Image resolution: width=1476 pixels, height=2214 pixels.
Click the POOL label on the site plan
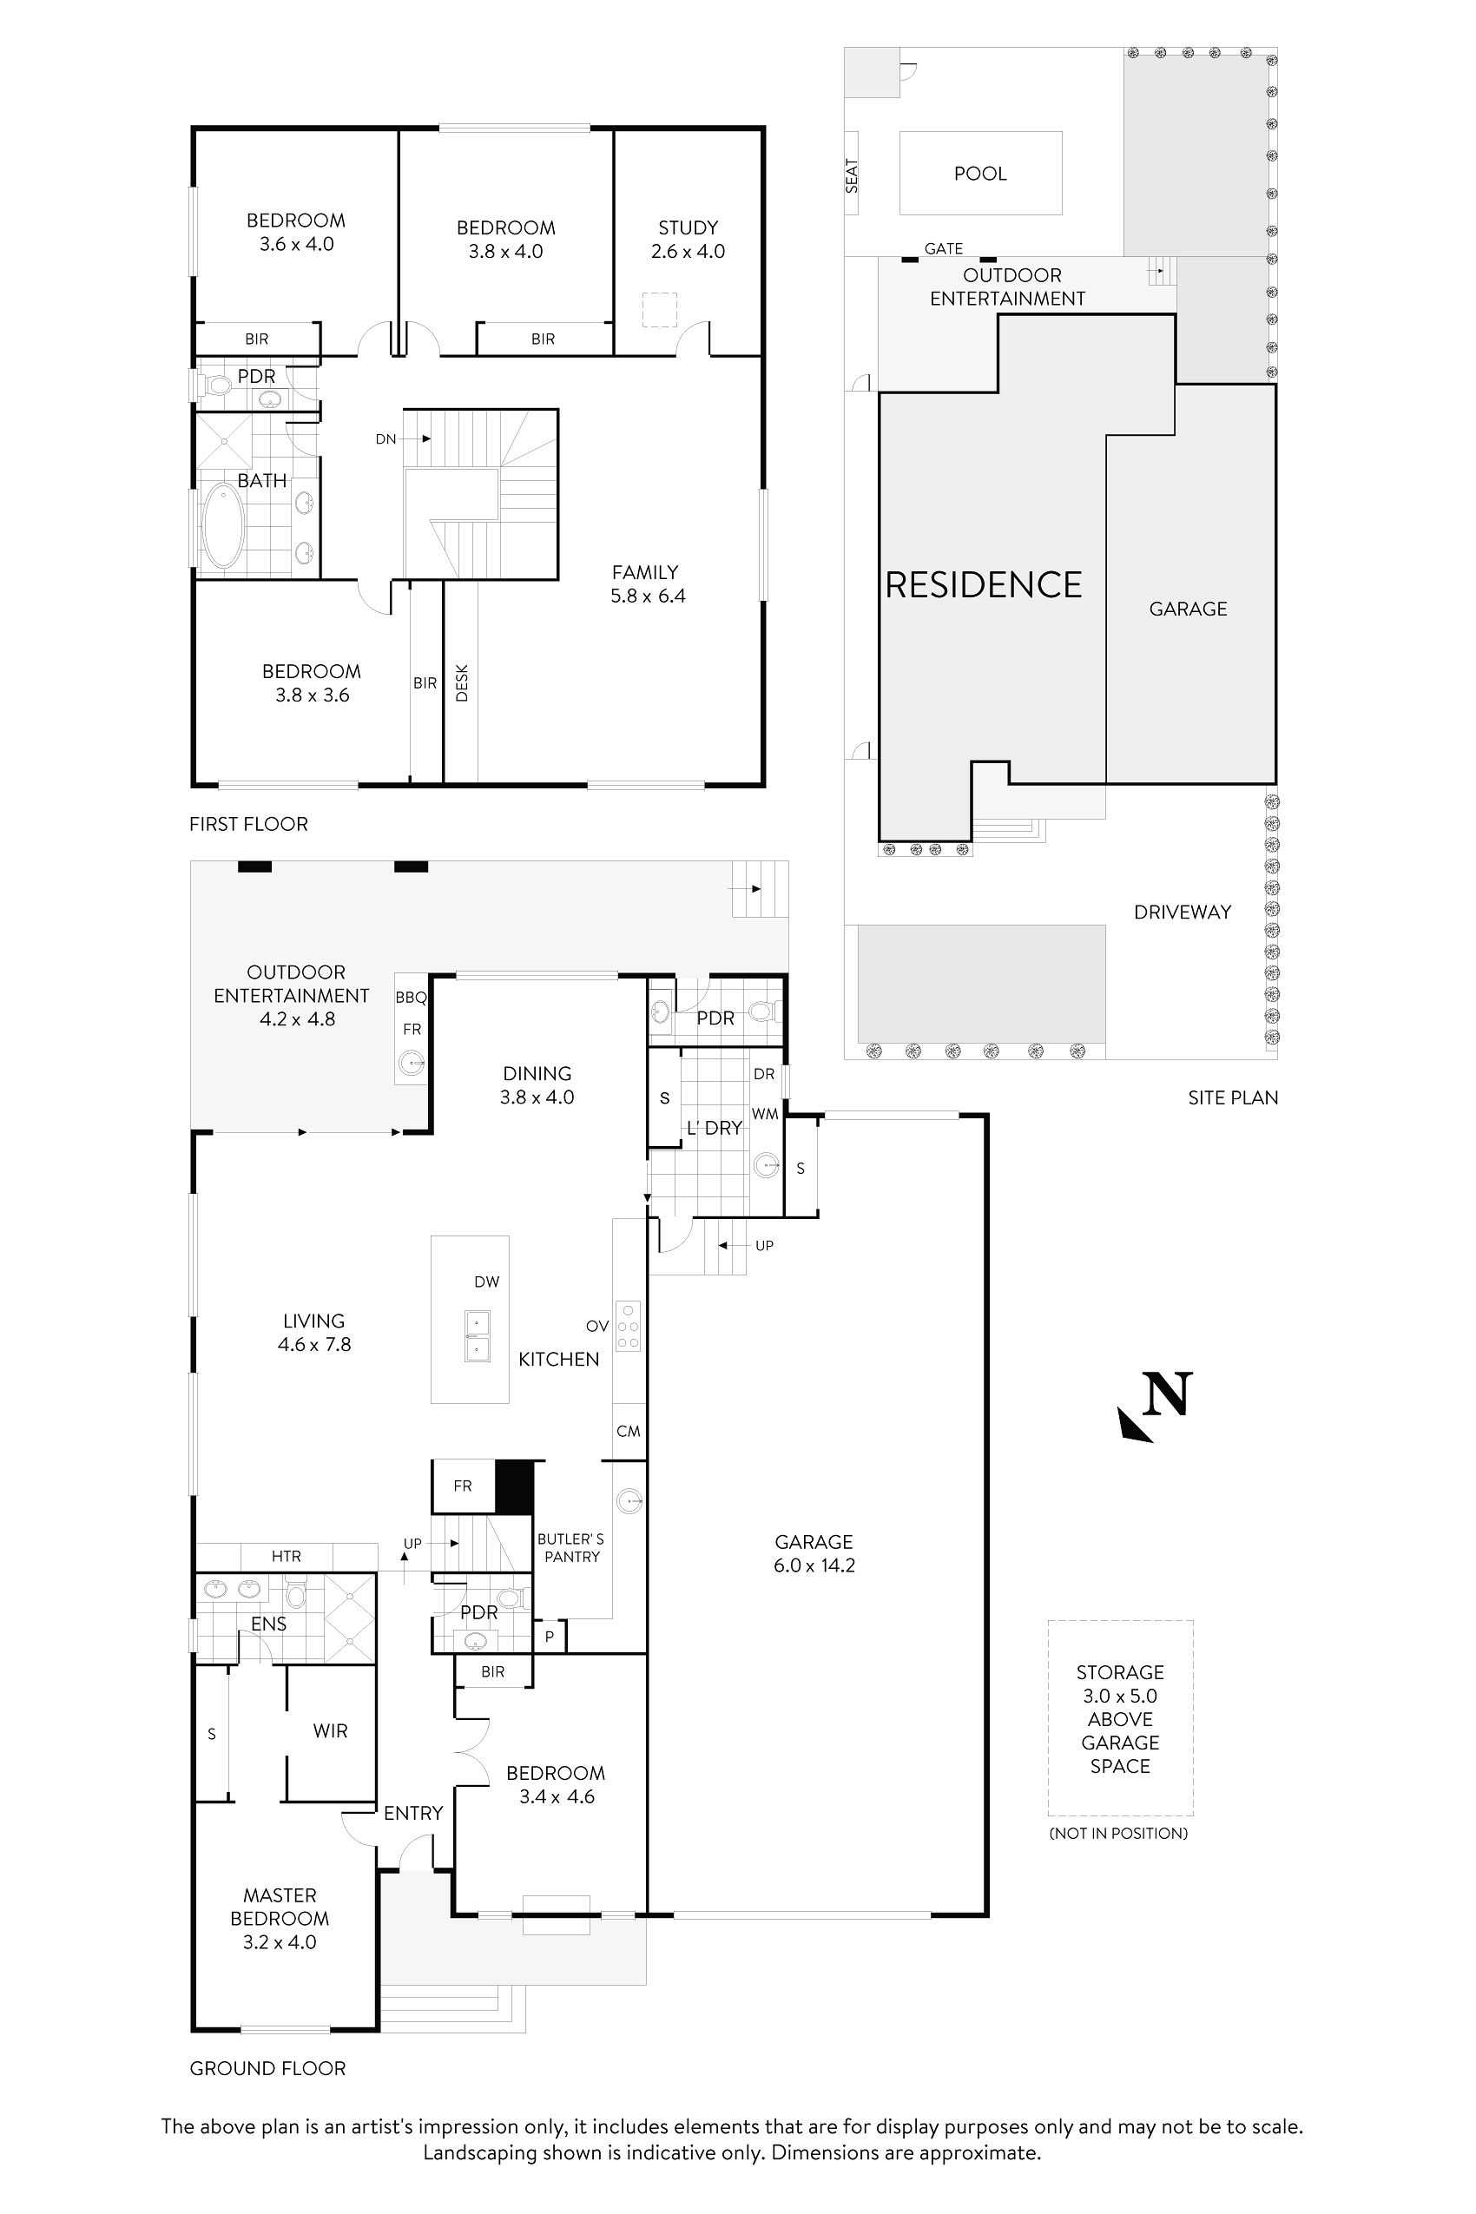tap(980, 173)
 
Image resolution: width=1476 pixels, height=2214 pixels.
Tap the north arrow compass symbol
tap(1156, 1407)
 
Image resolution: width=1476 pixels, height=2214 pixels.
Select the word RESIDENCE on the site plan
tap(984, 584)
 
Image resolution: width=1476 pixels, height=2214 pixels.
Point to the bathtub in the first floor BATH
tap(223, 525)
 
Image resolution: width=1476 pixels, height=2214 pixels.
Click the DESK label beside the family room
tap(461, 682)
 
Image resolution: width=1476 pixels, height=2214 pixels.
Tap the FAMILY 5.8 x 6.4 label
tap(647, 583)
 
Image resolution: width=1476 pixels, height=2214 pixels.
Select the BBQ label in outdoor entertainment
tap(411, 998)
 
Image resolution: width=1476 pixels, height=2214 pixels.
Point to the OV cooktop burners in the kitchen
tap(628, 1327)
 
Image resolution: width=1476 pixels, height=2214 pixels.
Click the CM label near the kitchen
tap(628, 1431)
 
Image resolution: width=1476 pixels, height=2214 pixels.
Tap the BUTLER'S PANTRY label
tap(571, 1547)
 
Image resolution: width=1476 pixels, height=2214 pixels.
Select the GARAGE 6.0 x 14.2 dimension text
tap(814, 1565)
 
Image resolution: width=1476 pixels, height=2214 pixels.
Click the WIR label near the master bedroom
tap(331, 1730)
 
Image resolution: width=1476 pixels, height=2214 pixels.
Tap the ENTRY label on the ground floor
tap(412, 1813)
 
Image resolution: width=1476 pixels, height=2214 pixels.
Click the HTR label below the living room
tap(287, 1556)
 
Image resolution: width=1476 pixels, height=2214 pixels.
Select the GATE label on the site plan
tap(943, 248)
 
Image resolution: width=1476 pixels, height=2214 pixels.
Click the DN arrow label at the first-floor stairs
tap(386, 438)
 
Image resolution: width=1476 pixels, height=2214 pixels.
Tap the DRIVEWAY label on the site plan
tap(1183, 911)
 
